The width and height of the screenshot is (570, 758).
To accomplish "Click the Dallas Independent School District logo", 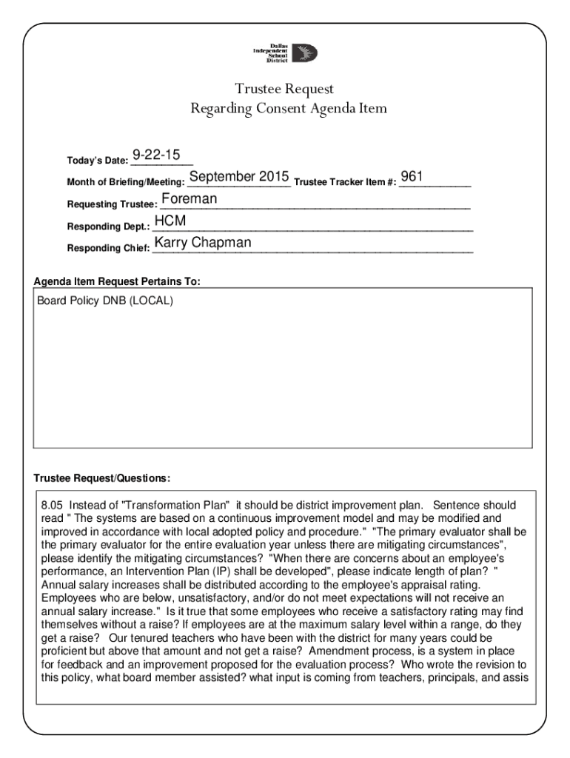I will click(x=285, y=53).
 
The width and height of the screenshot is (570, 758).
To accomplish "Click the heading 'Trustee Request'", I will click(x=285, y=89).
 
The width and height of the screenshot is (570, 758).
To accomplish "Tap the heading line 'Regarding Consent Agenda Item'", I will click(x=289, y=109).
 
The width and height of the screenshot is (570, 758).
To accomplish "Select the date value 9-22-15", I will click(x=156, y=155).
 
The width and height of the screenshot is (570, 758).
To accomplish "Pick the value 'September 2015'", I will click(x=238, y=177).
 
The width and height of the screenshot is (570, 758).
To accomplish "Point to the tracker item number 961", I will click(x=412, y=177).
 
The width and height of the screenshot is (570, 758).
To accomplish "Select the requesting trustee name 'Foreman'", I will click(x=190, y=199).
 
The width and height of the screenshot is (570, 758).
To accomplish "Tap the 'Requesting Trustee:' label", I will click(x=112, y=204).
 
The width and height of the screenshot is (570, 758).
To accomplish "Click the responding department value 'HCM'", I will click(x=170, y=221).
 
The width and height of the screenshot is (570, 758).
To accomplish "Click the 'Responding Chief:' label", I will click(x=108, y=248).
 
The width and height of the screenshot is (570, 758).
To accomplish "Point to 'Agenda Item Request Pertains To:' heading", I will click(x=117, y=282).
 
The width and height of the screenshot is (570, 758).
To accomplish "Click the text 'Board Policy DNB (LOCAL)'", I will click(x=105, y=302).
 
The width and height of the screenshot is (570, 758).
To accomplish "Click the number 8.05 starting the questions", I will click(x=54, y=506).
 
